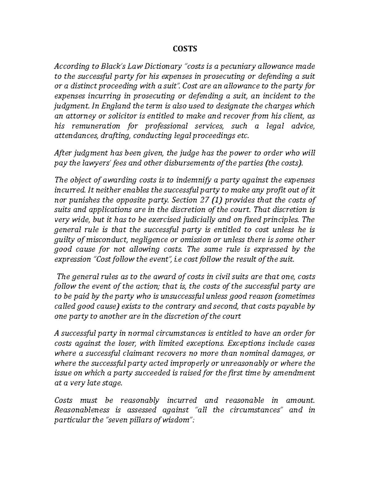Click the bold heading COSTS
pyautogui.click(x=184, y=49)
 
